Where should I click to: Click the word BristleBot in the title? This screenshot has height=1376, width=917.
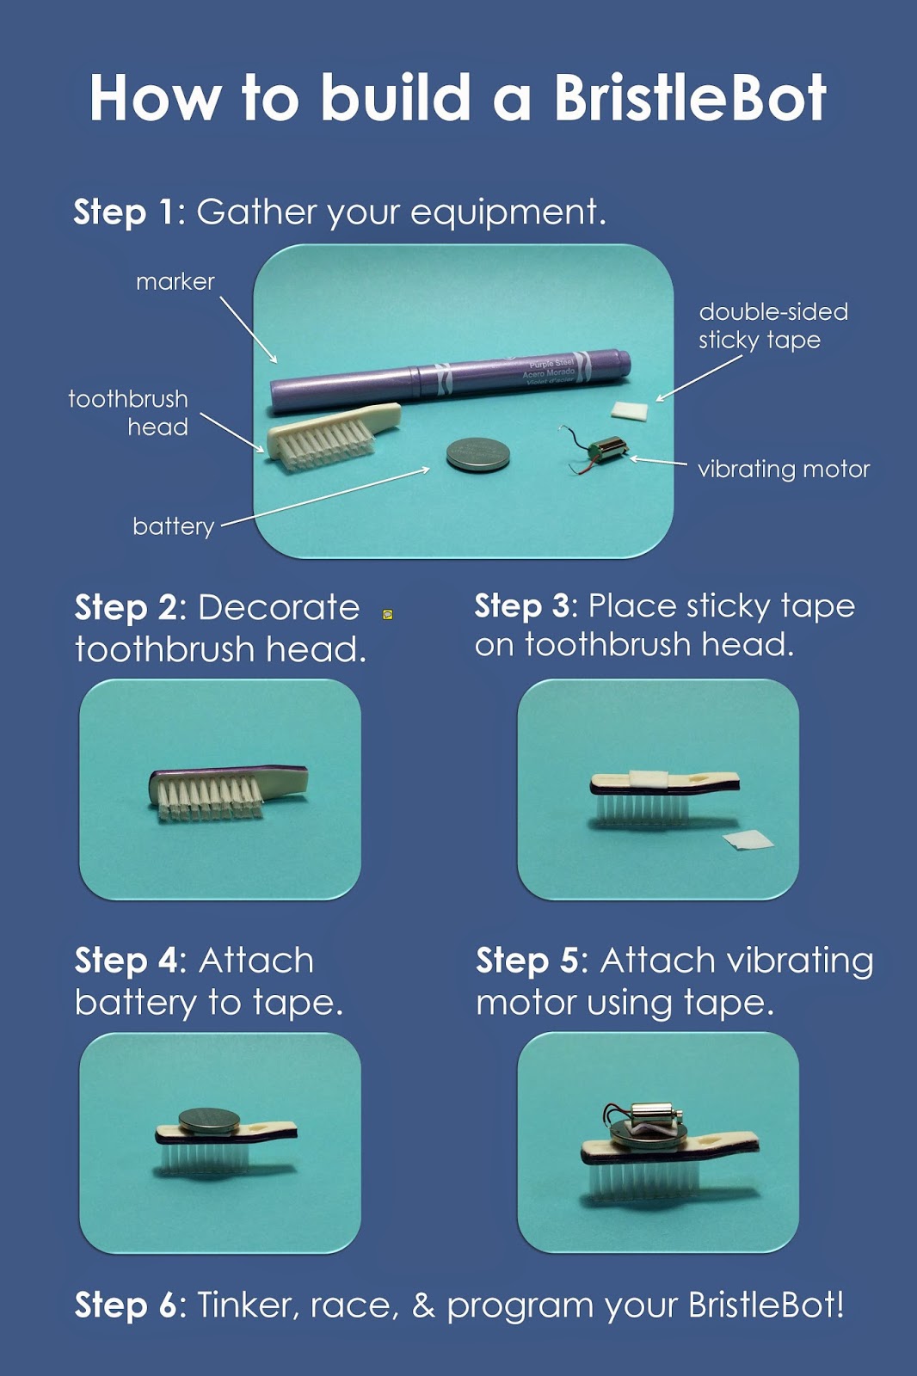pos(690,97)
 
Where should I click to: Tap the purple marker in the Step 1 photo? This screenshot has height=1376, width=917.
pos(451,381)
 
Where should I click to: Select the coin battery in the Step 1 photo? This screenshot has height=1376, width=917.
pos(478,455)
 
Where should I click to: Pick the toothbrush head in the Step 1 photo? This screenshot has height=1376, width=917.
pos(333,434)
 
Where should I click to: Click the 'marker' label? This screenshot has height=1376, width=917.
pos(175,282)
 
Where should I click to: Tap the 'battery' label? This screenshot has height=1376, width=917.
pos(173,526)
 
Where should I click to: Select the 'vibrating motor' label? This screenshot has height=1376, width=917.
pos(784,470)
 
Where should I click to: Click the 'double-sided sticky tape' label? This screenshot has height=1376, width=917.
pos(773,326)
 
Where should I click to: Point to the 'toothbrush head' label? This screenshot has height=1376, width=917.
pos(128,413)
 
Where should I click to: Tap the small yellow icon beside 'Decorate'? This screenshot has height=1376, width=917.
pos(388,614)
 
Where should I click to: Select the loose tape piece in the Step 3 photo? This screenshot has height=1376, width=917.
pos(748,839)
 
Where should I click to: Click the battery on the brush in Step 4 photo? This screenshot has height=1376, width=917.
pos(209,1121)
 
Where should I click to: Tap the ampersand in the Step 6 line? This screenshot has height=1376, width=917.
pos(423,1305)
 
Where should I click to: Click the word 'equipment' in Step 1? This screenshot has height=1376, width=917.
pos(508,214)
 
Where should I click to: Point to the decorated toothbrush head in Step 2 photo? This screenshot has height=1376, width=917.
pos(229,793)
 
